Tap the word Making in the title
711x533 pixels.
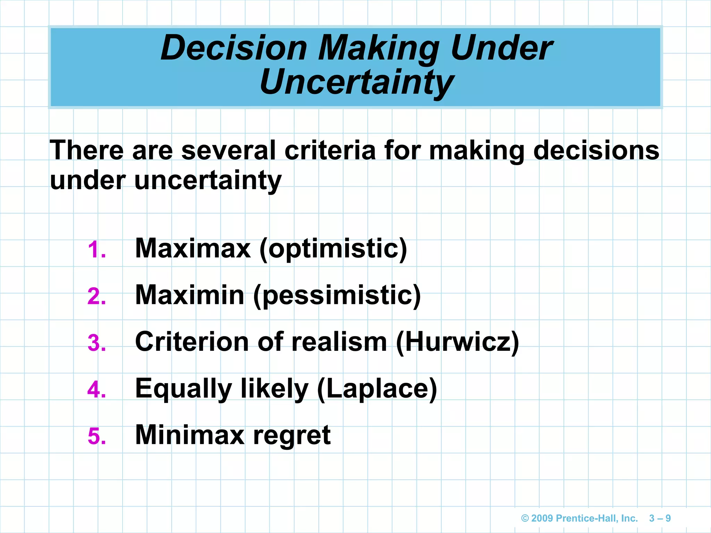(x=379, y=49)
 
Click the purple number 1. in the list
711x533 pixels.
(x=97, y=250)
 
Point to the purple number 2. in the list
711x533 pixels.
(x=97, y=297)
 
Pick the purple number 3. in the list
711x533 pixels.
(x=97, y=343)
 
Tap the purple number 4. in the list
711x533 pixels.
(x=97, y=390)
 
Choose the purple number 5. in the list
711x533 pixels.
(x=97, y=436)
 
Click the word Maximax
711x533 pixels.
(x=193, y=248)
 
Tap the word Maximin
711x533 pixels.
(x=190, y=295)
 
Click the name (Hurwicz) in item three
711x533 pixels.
(x=458, y=342)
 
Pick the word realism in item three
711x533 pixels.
(x=339, y=342)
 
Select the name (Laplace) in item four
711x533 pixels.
(x=377, y=389)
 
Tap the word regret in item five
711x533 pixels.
(x=292, y=436)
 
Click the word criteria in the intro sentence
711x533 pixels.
(x=330, y=151)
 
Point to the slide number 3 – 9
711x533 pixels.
(x=660, y=518)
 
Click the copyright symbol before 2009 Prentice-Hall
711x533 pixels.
(x=525, y=518)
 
